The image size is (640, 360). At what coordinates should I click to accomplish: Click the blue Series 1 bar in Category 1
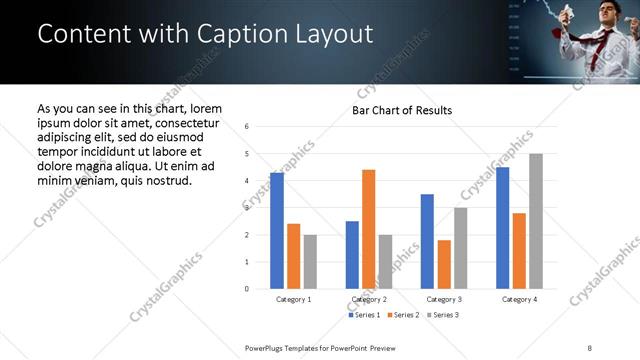[277, 231]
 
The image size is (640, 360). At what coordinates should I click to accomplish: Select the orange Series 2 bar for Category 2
[369, 229]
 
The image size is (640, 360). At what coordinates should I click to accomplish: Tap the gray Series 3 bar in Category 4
[536, 221]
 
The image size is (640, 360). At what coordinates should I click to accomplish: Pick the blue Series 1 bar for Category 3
[427, 241]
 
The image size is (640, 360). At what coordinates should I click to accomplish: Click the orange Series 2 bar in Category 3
[444, 264]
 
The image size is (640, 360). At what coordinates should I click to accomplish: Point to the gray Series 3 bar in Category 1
[311, 262]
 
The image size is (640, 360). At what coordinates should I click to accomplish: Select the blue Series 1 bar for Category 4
[502, 228]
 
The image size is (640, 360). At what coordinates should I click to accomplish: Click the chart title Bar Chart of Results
[402, 110]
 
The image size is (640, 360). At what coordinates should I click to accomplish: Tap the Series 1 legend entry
[364, 315]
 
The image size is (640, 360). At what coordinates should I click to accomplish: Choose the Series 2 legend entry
[402, 315]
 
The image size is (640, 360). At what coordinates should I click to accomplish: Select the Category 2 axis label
[369, 299]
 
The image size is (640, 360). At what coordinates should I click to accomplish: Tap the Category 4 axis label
[519, 299]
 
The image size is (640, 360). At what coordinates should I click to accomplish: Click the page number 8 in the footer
[590, 347]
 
